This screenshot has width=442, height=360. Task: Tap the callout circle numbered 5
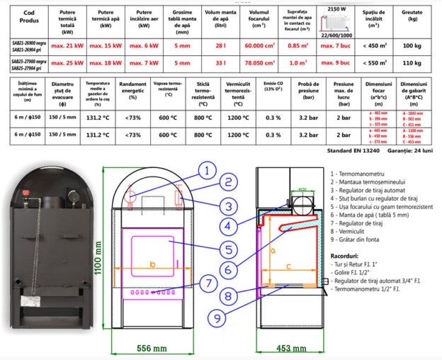[227, 249]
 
